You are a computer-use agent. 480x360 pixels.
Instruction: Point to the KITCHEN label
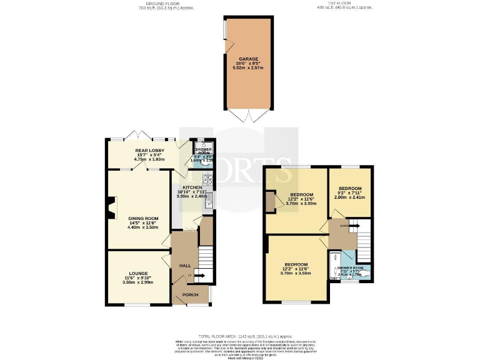(191, 187)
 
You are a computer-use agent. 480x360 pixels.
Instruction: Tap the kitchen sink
(211, 201)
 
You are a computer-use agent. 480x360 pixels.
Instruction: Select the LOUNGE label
(138, 274)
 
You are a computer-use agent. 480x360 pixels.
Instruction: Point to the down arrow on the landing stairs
(344, 224)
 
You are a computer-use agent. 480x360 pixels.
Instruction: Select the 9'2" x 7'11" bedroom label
(350, 188)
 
